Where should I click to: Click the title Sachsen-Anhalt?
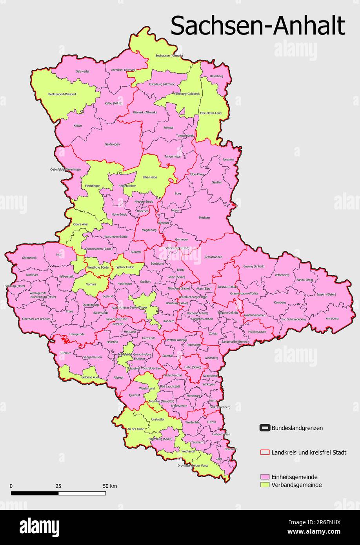(258, 26)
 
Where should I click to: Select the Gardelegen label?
(112, 144)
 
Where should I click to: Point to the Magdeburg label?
(149, 230)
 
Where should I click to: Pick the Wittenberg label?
(282, 275)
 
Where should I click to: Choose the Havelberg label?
(216, 76)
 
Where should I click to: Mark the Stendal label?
(168, 128)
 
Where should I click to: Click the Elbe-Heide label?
(150, 177)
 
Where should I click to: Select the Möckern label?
(204, 218)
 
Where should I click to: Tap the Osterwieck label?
(29, 258)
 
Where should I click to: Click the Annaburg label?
(332, 318)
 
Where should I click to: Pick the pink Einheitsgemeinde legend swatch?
(265, 477)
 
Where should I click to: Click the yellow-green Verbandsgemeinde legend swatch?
(265, 485)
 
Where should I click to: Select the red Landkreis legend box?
(265, 452)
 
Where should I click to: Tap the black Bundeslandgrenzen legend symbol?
(265, 428)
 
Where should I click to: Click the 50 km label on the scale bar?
(110, 486)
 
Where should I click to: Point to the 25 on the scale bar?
(58, 486)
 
